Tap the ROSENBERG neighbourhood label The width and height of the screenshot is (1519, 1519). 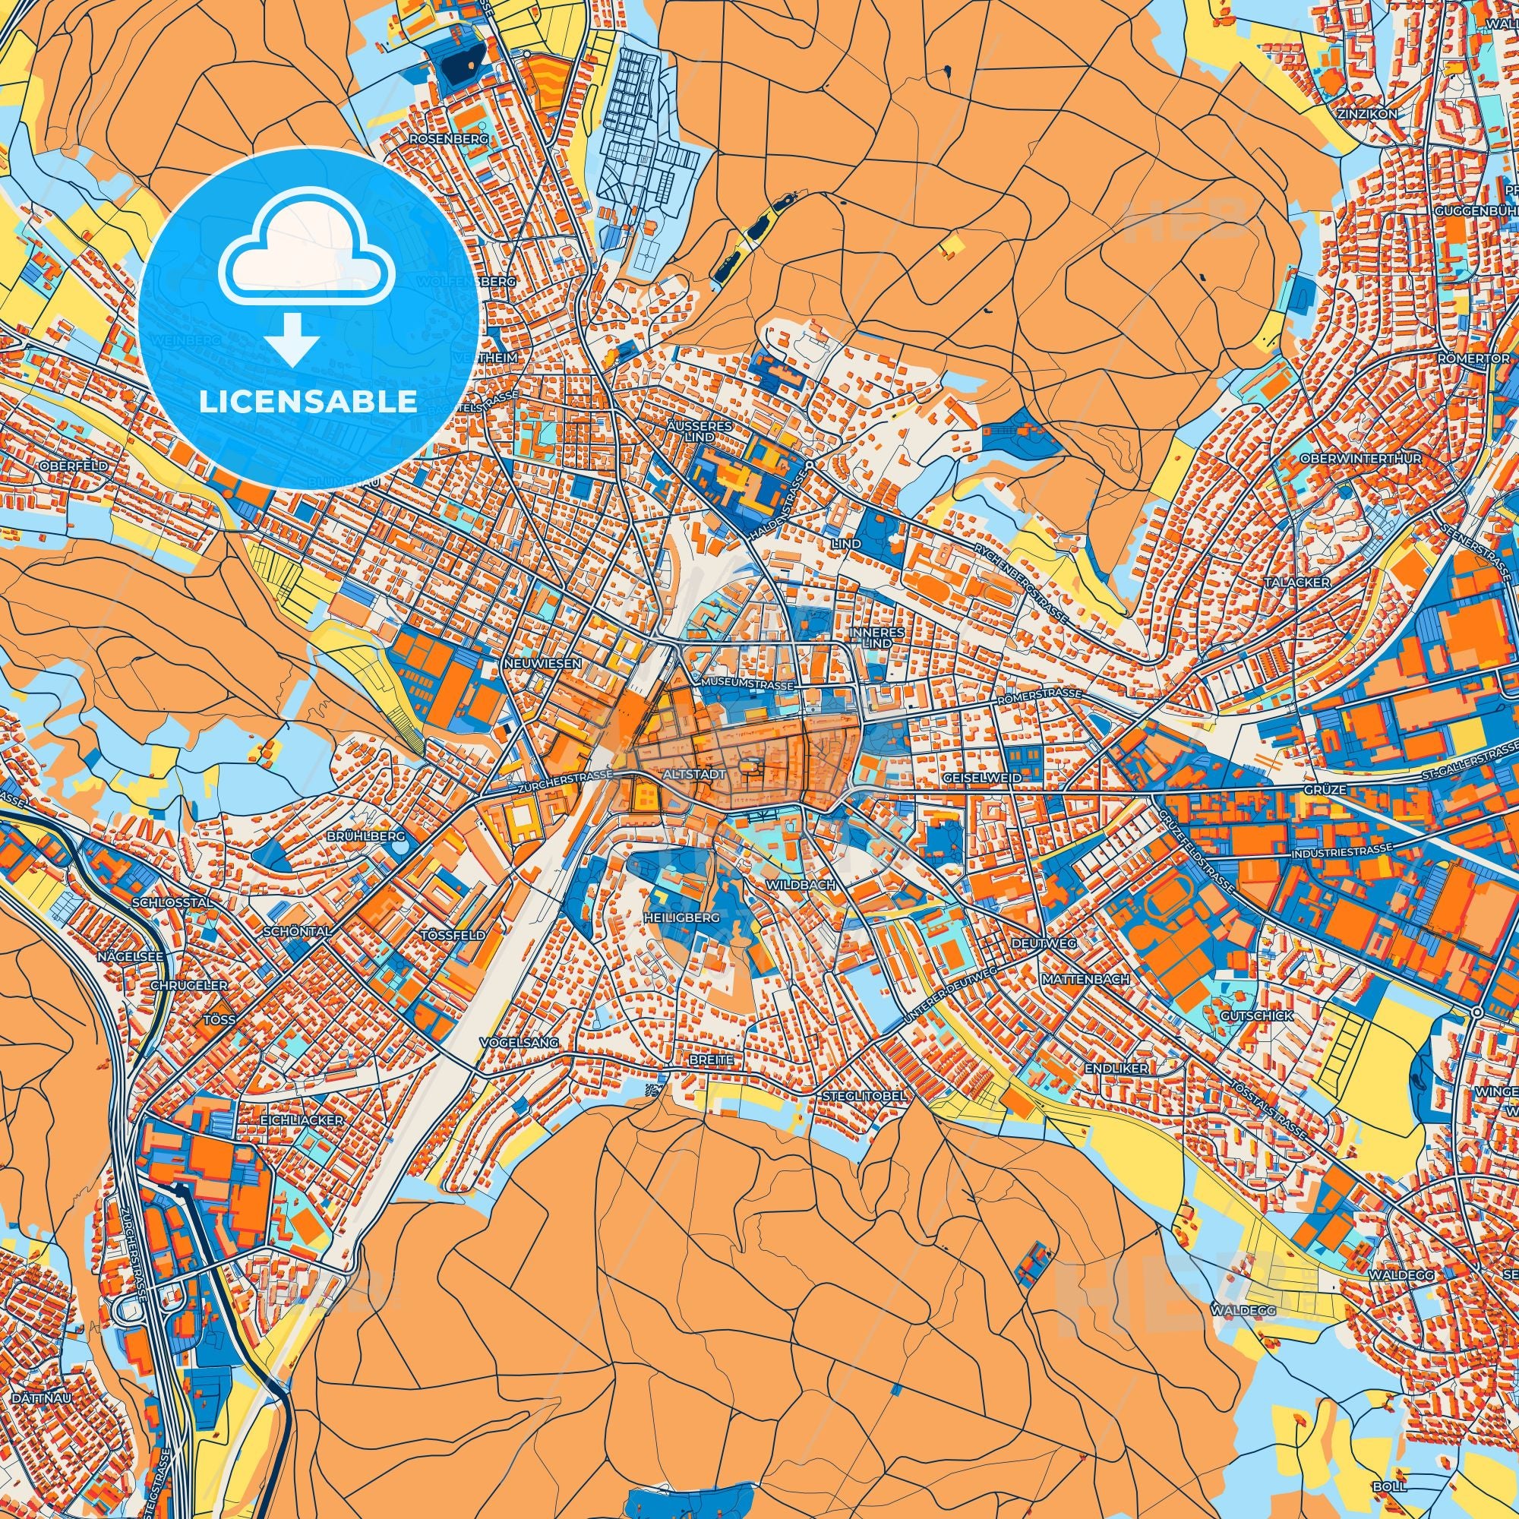(x=448, y=138)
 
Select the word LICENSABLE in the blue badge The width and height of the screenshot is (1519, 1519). (x=308, y=402)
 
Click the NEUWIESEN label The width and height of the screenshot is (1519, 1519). (x=542, y=664)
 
